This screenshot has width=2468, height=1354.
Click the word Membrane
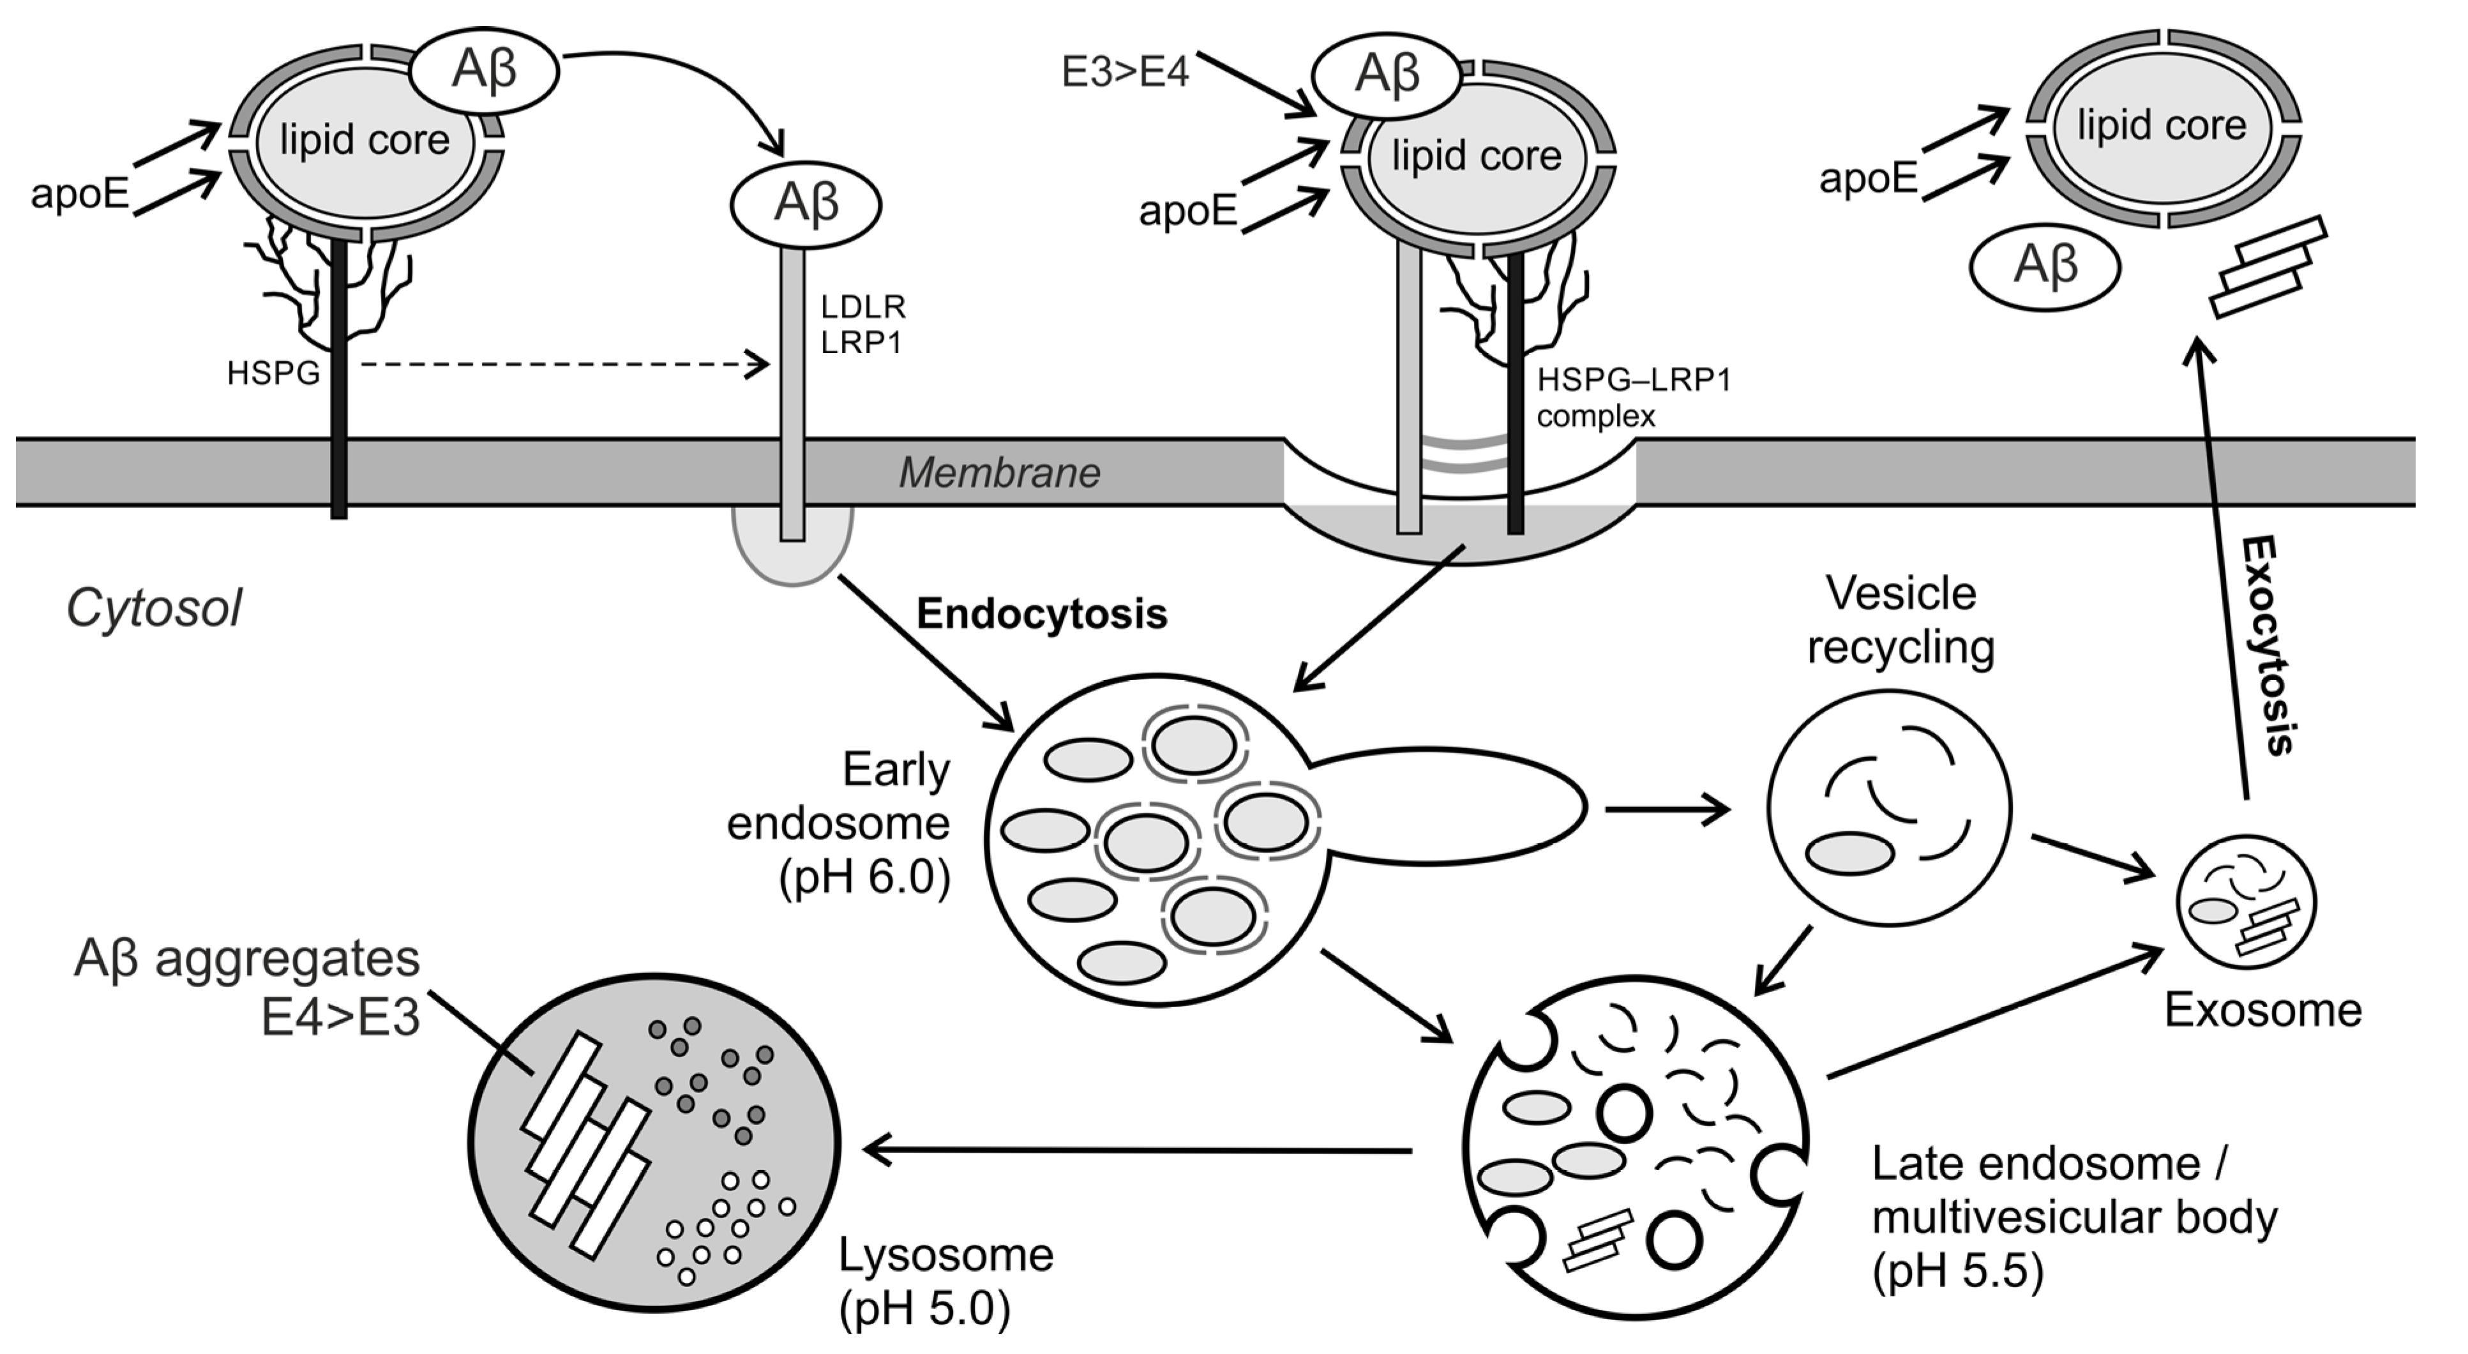tap(999, 472)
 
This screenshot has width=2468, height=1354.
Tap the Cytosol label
tap(153, 608)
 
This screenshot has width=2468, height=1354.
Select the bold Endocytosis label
tap(1041, 614)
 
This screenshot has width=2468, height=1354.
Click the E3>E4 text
tap(1125, 72)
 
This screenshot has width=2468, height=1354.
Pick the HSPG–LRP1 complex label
tap(1634, 398)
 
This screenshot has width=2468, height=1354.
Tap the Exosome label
tap(2263, 1010)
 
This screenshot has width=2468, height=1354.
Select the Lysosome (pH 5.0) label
tap(945, 1282)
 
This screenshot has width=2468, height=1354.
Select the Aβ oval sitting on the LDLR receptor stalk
tap(806, 204)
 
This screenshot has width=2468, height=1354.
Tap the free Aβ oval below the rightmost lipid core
tap(2045, 266)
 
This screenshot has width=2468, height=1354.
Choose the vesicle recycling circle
tap(1888, 808)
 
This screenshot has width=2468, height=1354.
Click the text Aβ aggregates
tap(247, 958)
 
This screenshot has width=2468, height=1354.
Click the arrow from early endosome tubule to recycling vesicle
tap(1667, 809)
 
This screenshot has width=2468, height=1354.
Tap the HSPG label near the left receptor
tap(273, 373)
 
